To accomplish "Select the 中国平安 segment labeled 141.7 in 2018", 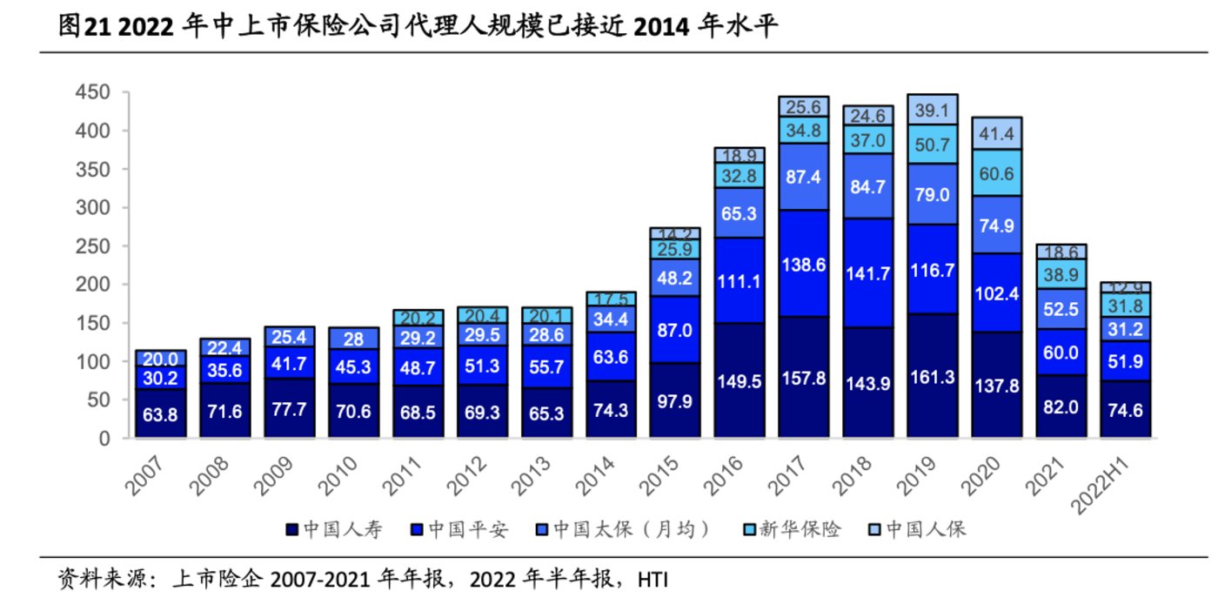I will click(867, 272).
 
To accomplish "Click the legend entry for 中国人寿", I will click(335, 529).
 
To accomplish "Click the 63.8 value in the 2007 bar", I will click(160, 415).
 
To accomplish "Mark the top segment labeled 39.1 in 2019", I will click(932, 107).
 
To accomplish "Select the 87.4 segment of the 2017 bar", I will click(803, 177).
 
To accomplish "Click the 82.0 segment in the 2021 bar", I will click(1061, 406).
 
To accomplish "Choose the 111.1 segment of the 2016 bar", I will click(739, 281).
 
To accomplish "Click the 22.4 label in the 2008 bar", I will click(224, 347).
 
